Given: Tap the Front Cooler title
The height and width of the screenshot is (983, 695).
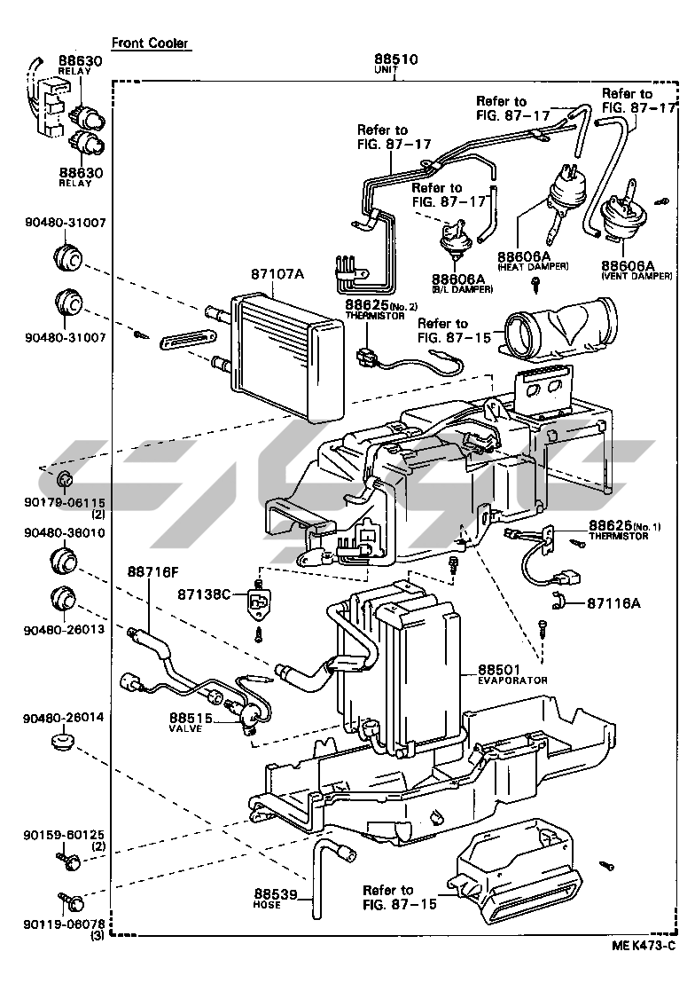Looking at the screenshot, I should (150, 43).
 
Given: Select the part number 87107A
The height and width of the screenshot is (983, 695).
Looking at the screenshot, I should (277, 274).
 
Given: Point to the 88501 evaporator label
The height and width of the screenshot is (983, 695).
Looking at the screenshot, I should (504, 669).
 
